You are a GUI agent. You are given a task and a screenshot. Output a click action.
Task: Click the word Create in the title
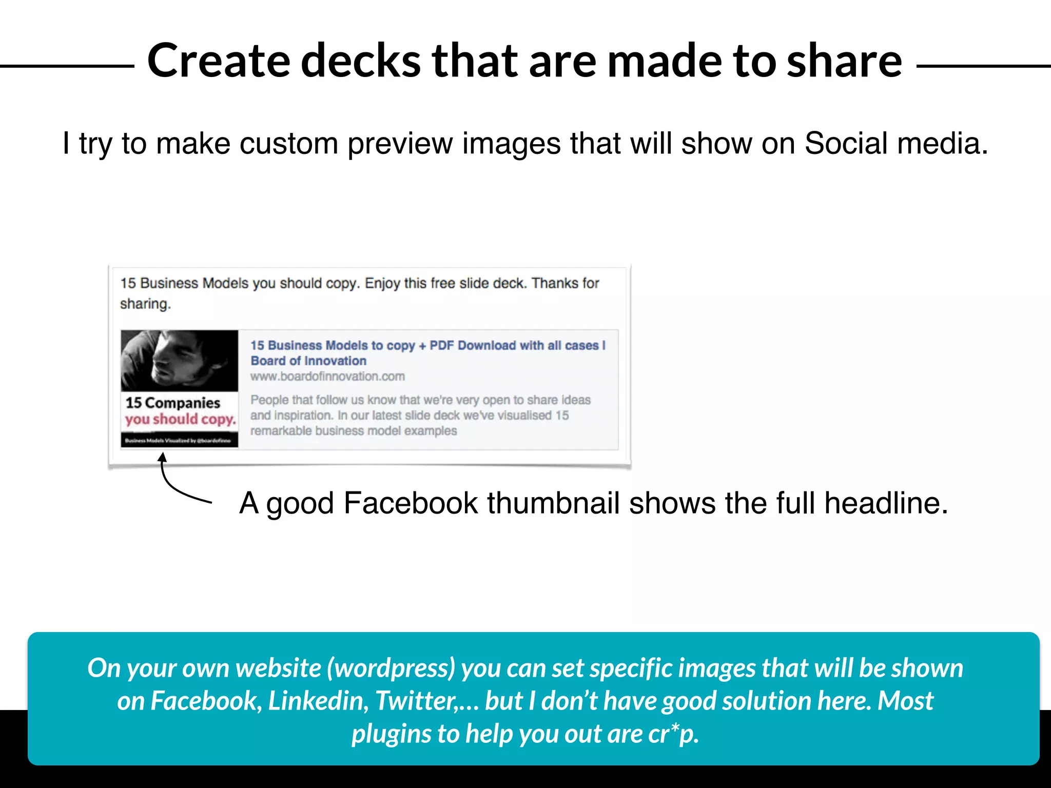[219, 61]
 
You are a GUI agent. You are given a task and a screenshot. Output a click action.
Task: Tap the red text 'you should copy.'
[180, 419]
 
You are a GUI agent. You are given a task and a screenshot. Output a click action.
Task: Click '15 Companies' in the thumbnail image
[173, 403]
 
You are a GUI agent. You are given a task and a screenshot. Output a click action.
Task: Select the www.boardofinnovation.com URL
[327, 377]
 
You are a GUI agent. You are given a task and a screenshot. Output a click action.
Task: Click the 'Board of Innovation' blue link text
[308, 361]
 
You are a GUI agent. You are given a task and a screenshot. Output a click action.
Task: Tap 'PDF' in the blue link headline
[442, 345]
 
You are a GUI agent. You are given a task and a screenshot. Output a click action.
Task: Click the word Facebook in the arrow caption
[411, 503]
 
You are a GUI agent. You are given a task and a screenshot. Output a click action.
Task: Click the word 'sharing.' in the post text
[145, 304]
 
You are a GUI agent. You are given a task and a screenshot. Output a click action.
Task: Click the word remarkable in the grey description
[281, 431]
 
